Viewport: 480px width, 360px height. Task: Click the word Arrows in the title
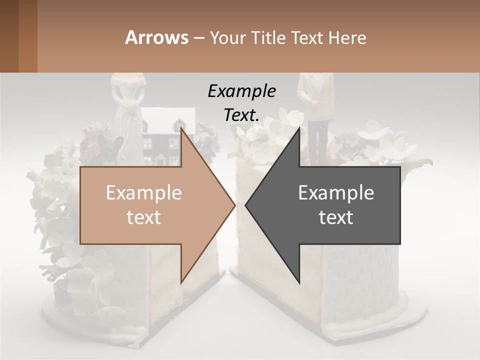pyautogui.click(x=156, y=37)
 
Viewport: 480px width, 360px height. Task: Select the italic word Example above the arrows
pyautogui.click(x=241, y=91)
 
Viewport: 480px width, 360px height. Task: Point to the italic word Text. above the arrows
pyautogui.click(x=241, y=115)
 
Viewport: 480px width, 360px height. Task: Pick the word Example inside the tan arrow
pyautogui.click(x=144, y=192)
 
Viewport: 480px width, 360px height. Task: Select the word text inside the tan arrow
pyautogui.click(x=144, y=217)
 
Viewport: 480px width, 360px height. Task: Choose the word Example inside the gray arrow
pyautogui.click(x=336, y=192)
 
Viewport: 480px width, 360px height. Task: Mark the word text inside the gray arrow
pyautogui.click(x=336, y=217)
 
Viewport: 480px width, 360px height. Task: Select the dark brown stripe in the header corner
pyautogui.click(x=9, y=36)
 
